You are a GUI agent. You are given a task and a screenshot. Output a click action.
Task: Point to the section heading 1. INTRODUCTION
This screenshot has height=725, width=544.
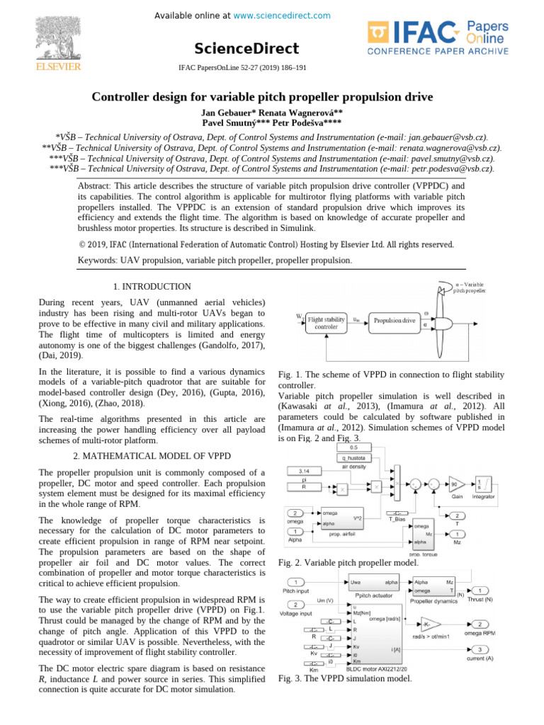tap(152, 287)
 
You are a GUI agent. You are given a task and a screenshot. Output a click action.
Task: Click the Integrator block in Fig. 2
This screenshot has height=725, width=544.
tap(484, 483)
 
